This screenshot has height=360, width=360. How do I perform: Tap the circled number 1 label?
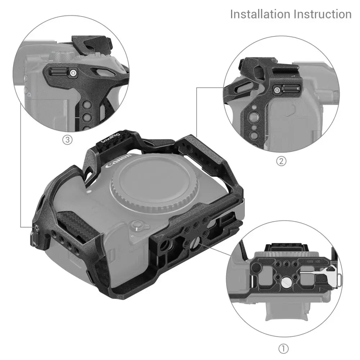point(284,348)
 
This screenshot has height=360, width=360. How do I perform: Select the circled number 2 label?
point(281,161)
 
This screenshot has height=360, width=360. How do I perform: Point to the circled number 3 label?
point(68,140)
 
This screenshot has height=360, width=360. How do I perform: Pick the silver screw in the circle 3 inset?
point(73,73)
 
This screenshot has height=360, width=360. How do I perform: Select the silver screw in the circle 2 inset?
point(278,90)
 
